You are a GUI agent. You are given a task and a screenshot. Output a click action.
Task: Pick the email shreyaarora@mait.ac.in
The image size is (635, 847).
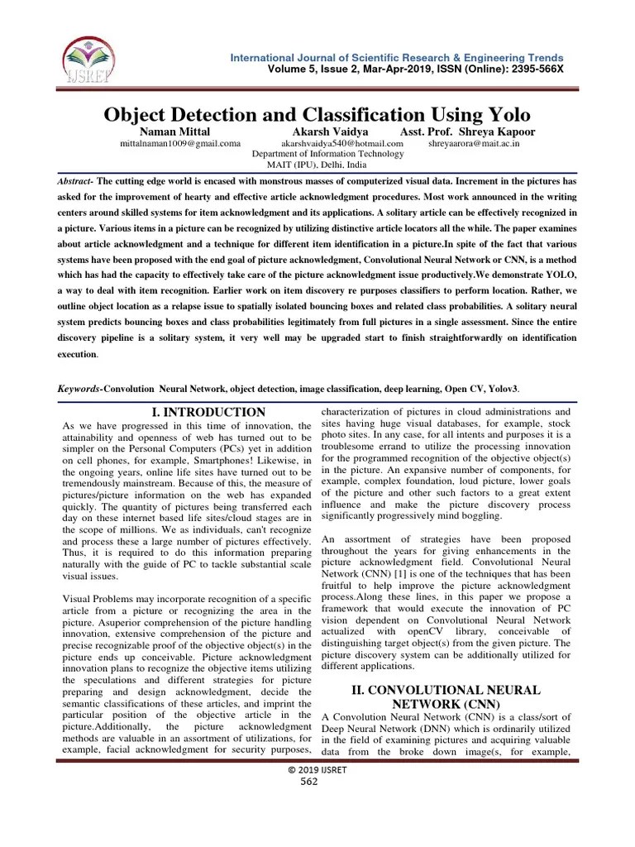click(x=474, y=143)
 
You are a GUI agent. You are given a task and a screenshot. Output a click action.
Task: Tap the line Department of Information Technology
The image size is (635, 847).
click(x=328, y=154)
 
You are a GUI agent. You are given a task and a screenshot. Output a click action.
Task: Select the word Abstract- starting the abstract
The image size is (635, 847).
click(x=75, y=180)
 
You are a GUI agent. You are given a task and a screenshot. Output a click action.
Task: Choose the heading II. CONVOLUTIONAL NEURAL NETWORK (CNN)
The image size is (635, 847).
click(x=443, y=696)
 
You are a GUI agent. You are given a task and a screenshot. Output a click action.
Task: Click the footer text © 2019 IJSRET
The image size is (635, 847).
click(x=317, y=769)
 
